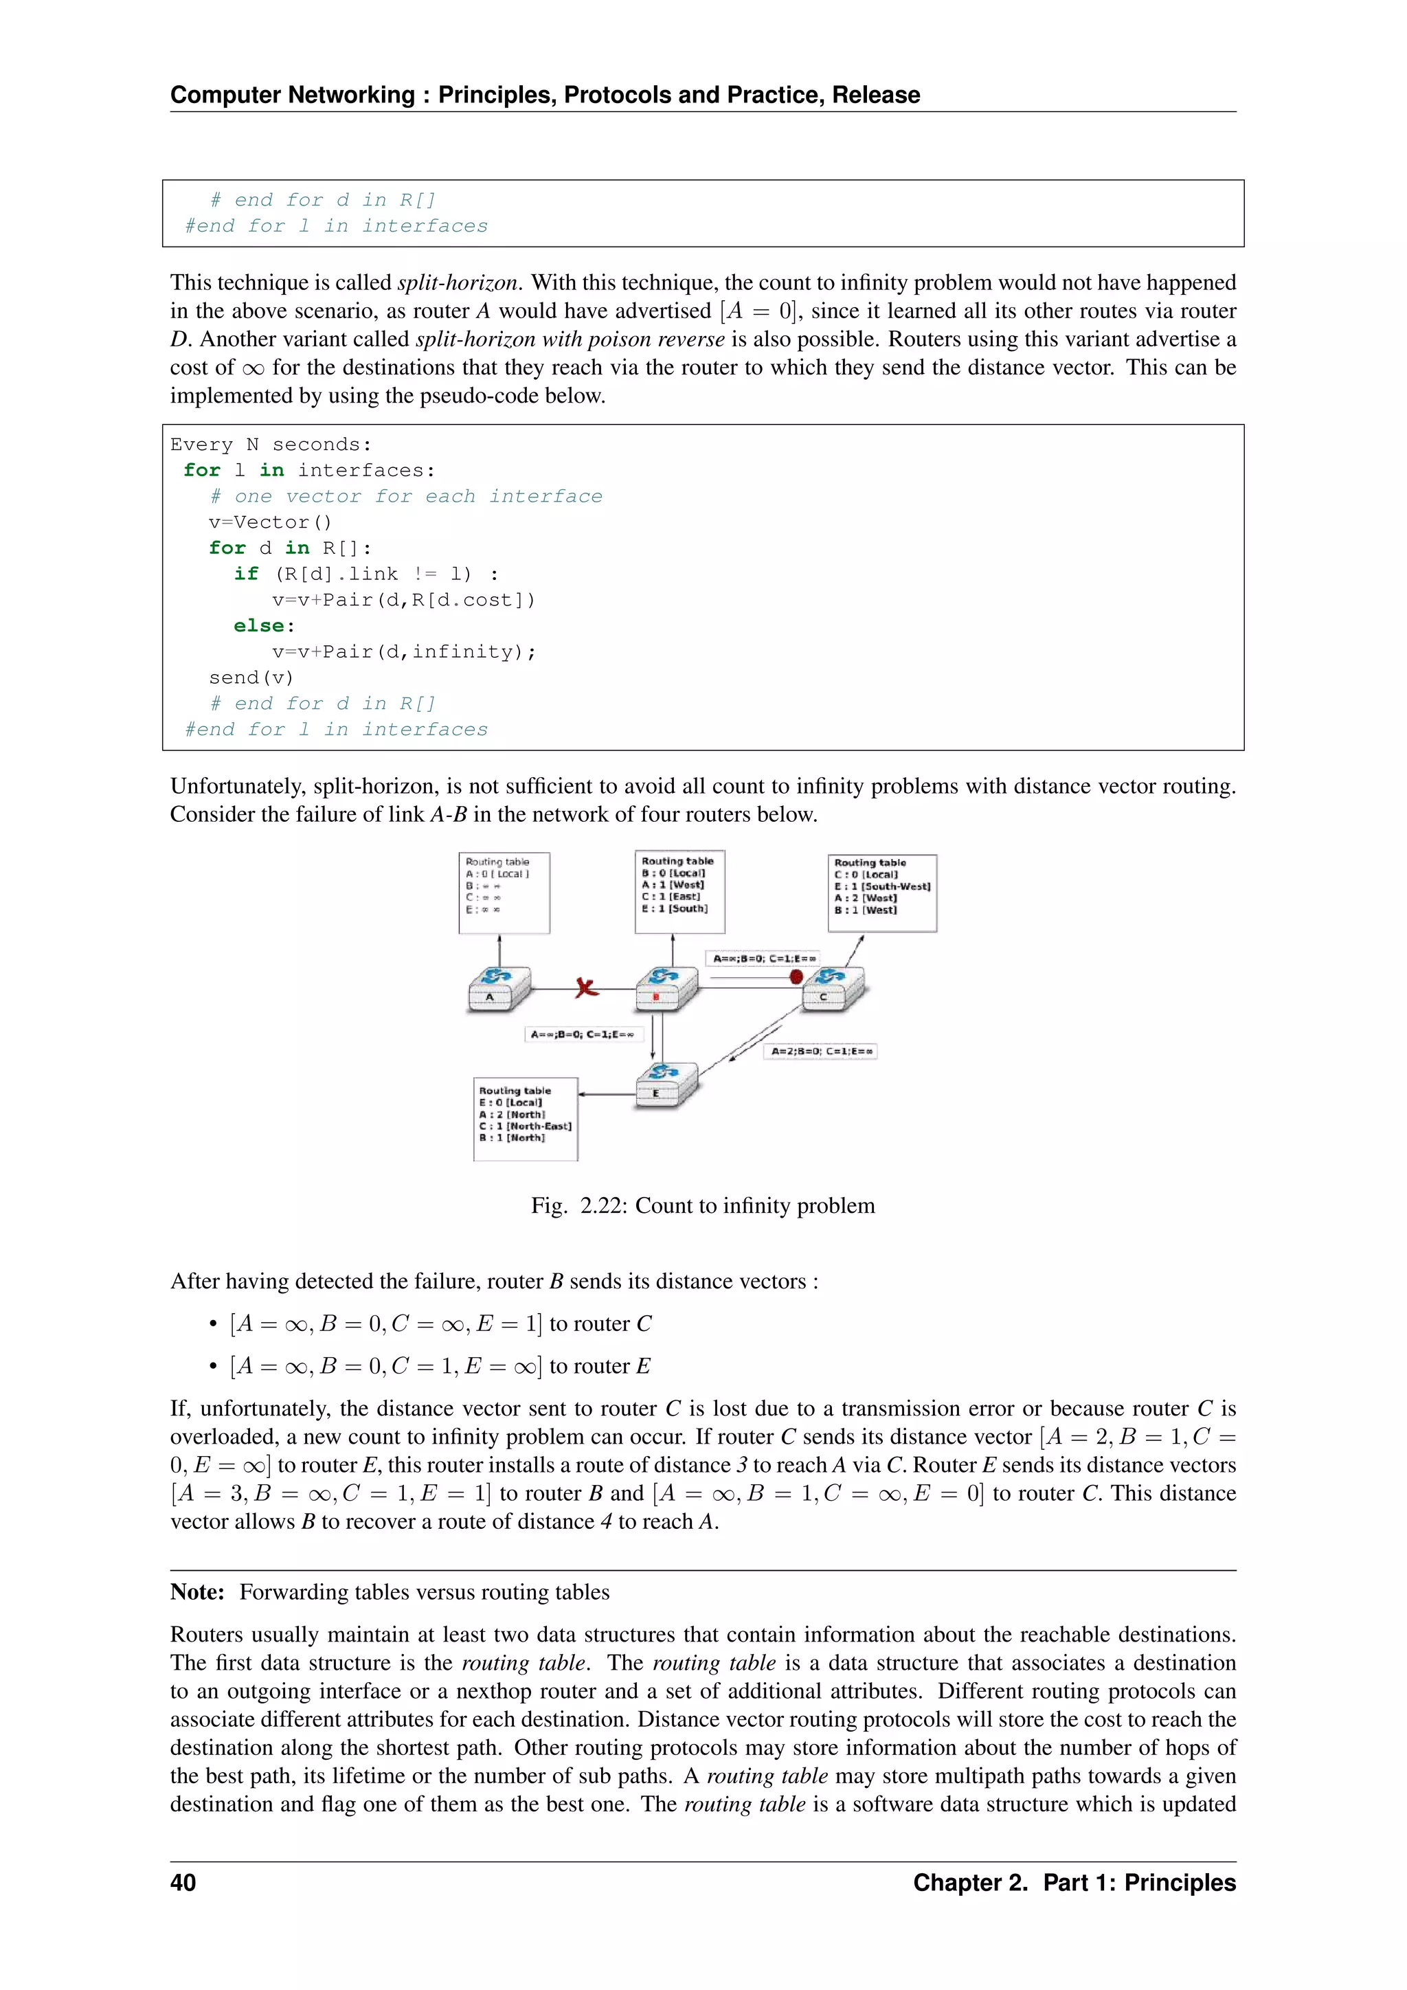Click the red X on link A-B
587,987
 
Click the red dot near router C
796,977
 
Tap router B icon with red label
666,988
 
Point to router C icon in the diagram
833,987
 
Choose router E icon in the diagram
666,1084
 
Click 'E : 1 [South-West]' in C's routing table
882,886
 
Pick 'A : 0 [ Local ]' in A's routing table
497,873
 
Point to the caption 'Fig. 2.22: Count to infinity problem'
703,1206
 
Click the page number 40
183,1883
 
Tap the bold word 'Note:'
198,1592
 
